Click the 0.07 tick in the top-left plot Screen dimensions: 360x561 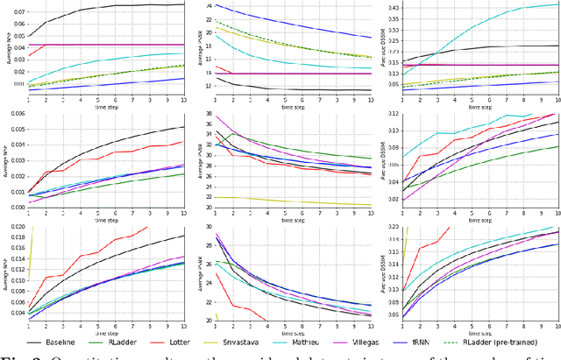point(17,14)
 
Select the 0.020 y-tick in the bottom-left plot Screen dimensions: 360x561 point(15,227)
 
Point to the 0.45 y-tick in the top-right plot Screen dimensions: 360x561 point(392,8)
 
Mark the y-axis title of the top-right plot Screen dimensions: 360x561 point(382,47)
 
